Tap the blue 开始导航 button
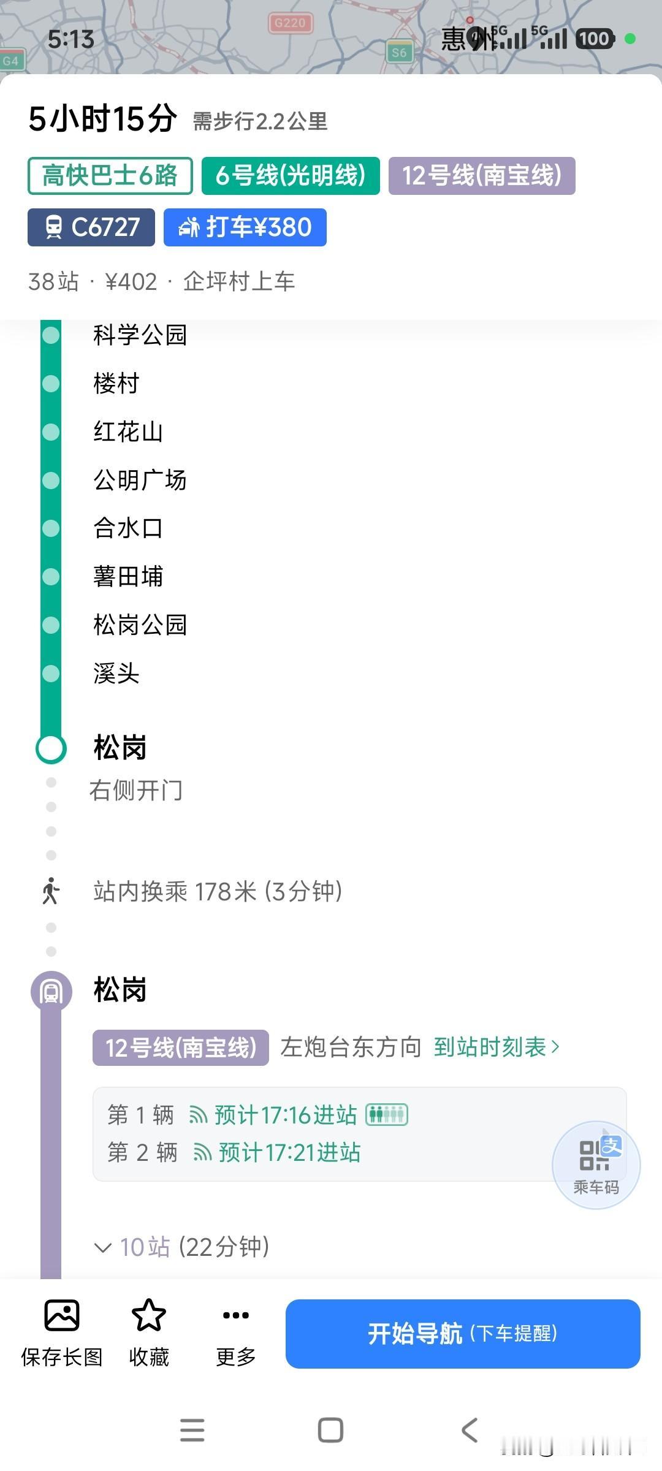point(463,1333)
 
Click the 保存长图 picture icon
point(62,1315)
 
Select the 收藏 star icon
point(149,1315)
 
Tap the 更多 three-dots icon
point(236,1315)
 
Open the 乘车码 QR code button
point(596,1165)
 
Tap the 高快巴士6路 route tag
point(110,176)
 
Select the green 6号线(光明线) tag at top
point(291,176)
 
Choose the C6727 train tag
point(91,227)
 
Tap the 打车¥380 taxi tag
point(245,227)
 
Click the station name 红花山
point(128,431)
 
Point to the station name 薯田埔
point(128,576)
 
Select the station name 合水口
point(128,528)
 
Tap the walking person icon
point(51,891)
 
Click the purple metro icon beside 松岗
point(51,992)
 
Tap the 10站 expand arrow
point(102,1247)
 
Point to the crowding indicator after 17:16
point(387,1114)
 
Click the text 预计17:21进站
point(289,1153)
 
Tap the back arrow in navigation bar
point(470,1430)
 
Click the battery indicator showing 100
point(595,39)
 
